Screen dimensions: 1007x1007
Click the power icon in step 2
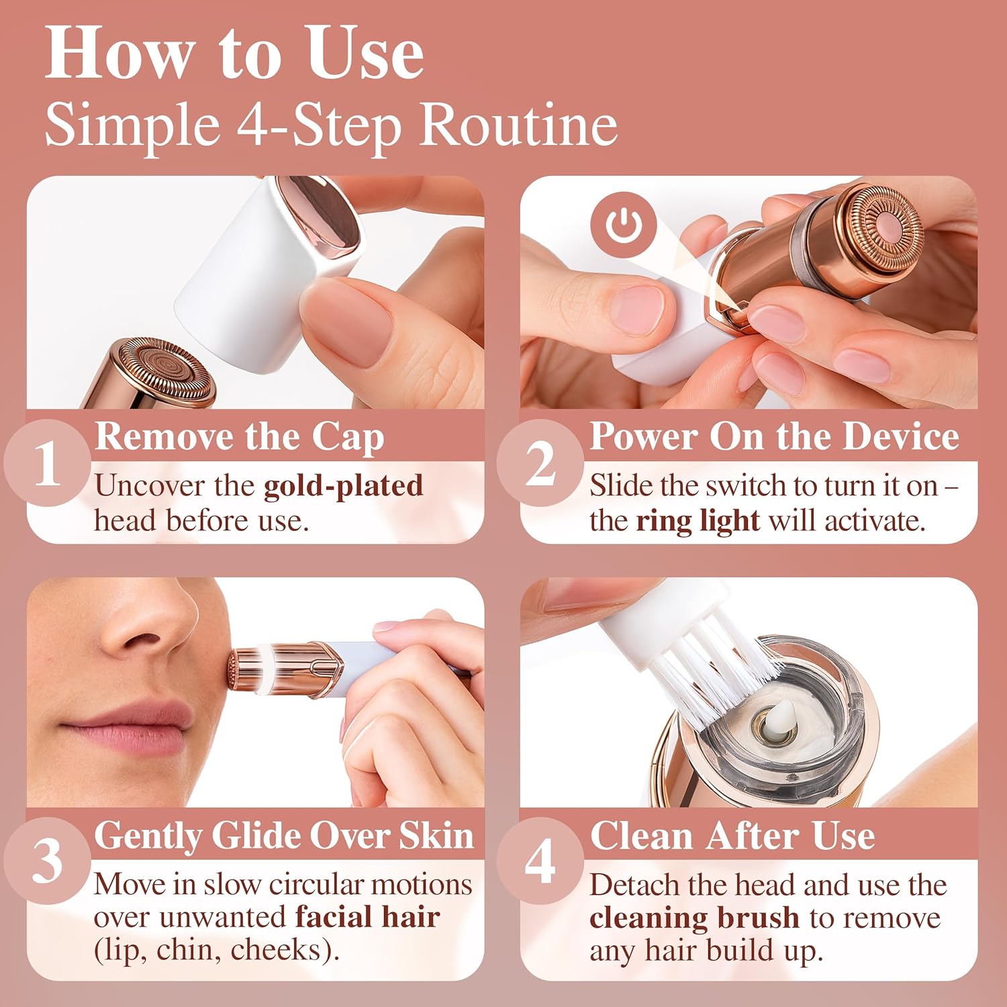click(624, 224)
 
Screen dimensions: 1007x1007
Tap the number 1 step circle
click(47, 463)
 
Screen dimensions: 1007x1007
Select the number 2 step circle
click(540, 463)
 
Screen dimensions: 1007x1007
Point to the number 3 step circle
click(47, 861)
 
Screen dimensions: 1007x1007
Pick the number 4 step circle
click(540, 861)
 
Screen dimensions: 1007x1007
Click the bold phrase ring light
click(698, 521)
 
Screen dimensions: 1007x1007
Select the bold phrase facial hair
click(367, 917)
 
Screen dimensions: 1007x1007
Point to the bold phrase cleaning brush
click(694, 918)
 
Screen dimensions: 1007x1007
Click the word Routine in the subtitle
click(518, 125)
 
